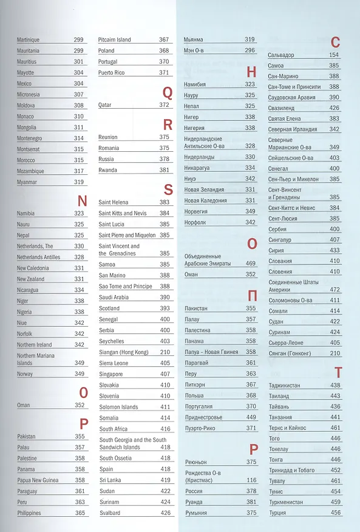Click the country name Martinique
28,39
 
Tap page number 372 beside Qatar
165,105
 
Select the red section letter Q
168,93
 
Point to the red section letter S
168,189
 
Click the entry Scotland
109,308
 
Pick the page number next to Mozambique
79,171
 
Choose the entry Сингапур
280,240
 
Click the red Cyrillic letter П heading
253,296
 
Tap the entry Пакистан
196,309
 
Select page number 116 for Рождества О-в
251,480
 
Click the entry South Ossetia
115,458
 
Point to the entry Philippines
29,513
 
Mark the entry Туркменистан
286,502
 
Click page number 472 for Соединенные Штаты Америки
335,290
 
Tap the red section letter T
338,372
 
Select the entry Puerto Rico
111,73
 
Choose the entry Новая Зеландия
204,189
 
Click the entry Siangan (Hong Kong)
124,352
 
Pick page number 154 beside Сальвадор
334,55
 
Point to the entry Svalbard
110,513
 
